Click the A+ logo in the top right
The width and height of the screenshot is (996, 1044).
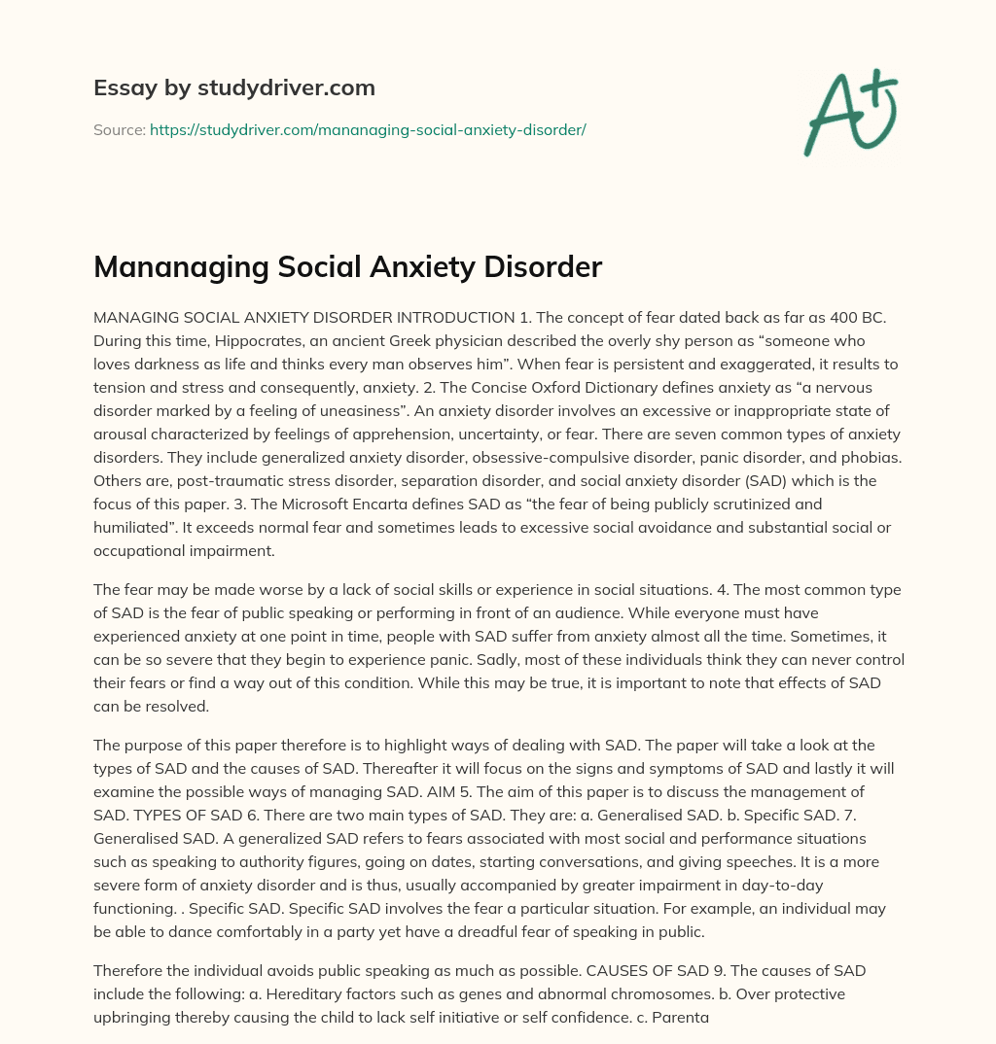point(850,112)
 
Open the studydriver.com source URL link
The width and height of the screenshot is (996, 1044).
point(368,129)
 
